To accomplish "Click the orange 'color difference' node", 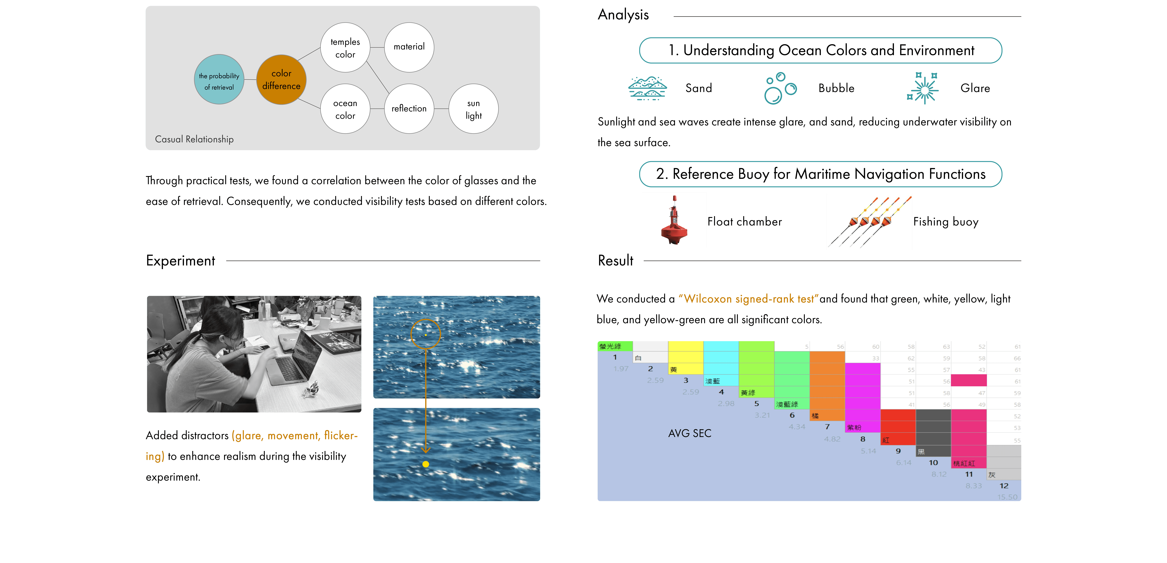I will pyautogui.click(x=281, y=80).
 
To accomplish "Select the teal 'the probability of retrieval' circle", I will pyautogui.click(x=219, y=80).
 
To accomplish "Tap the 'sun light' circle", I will pyautogui.click(x=473, y=109).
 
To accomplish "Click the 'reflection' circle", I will pyautogui.click(x=409, y=109).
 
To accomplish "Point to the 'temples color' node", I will pyautogui.click(x=345, y=48).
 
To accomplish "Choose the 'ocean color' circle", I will pyautogui.click(x=345, y=109).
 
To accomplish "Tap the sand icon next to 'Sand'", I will pyautogui.click(x=647, y=88).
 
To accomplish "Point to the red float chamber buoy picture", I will pyautogui.click(x=674, y=220).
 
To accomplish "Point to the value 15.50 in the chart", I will pyautogui.click(x=1007, y=497).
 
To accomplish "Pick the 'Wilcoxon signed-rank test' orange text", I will pyautogui.click(x=748, y=299).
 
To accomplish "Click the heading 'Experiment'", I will pyautogui.click(x=180, y=261).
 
